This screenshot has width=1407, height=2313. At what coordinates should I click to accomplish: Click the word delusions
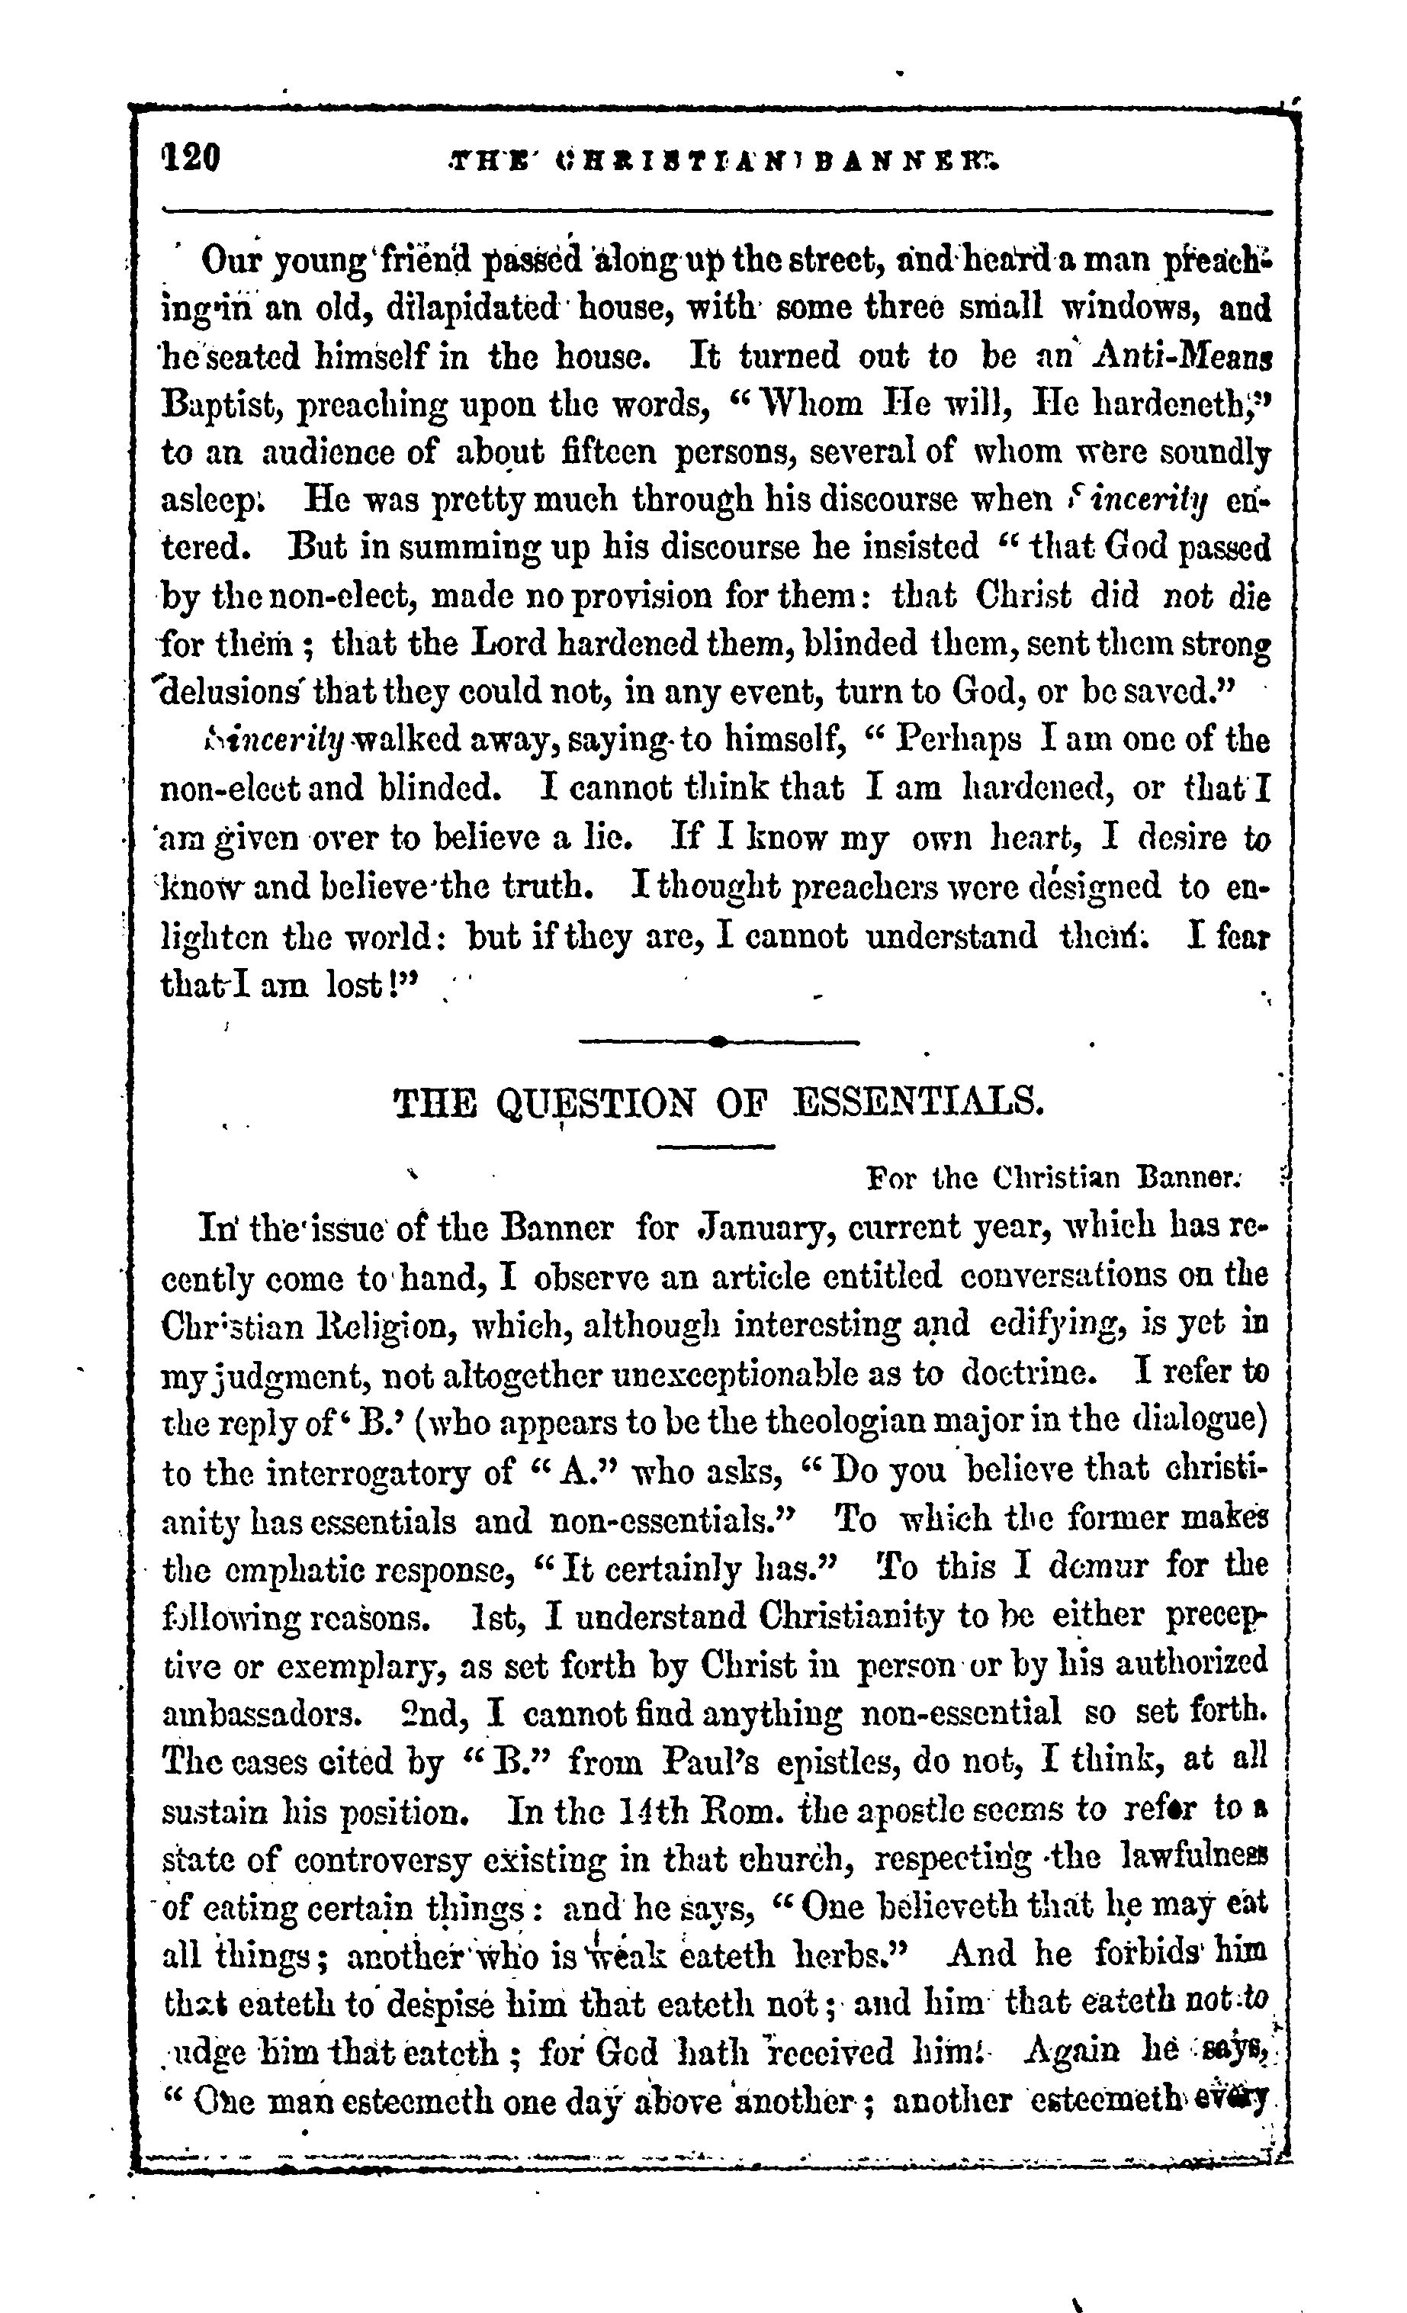(x=232, y=693)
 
